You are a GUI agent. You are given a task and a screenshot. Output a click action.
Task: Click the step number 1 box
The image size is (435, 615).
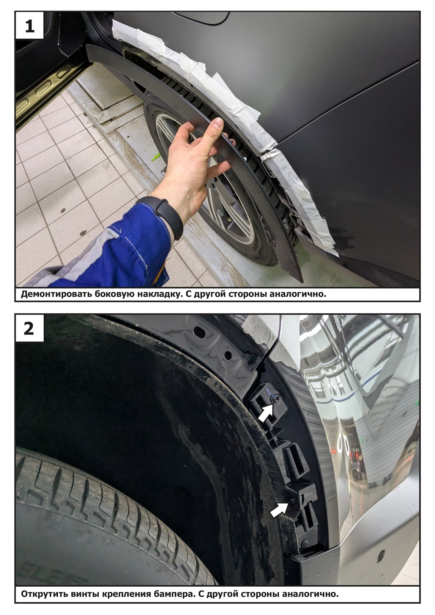(x=29, y=26)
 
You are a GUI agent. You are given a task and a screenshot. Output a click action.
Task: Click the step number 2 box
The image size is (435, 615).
(x=29, y=328)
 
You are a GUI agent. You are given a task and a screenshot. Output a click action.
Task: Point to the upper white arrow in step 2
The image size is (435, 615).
(x=266, y=412)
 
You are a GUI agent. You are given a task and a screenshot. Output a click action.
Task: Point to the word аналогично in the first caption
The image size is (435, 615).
(x=298, y=294)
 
